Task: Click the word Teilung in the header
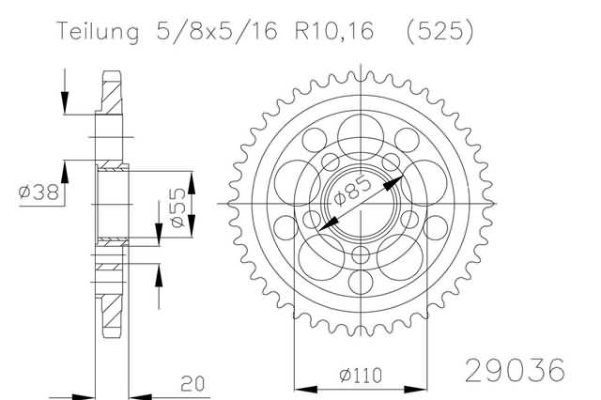98,31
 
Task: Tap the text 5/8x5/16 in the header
217,31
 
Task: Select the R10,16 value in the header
334,31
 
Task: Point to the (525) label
439,31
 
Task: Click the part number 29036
515,371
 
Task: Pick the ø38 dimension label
39,192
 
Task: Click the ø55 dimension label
178,208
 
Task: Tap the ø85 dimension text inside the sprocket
353,191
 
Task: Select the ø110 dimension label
361,376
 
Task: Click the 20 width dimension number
193,384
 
